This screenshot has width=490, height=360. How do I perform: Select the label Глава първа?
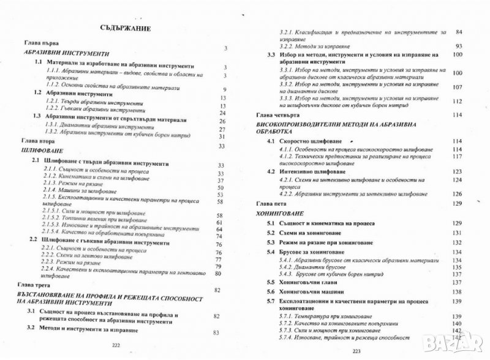(40, 43)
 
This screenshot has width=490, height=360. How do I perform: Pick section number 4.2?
(271, 171)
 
